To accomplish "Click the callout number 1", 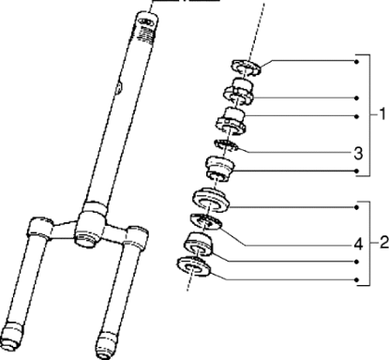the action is (382, 114).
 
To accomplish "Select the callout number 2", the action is (384, 243).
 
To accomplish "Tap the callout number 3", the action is (358, 154).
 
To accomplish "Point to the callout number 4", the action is (359, 244).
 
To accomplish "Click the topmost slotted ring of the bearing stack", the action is (246, 67).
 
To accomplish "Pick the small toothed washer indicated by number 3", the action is (226, 145).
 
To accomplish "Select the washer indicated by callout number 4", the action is (206, 221).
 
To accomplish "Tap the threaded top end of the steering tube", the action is (145, 27).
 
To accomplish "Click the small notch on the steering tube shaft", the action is (119, 87).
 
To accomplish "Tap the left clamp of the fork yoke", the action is (39, 229).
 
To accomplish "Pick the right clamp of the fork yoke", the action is (135, 235).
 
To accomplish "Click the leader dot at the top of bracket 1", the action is (357, 62).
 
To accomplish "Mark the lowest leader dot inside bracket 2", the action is (357, 280).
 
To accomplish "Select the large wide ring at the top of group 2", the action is (211, 201).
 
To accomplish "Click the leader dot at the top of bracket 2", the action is (357, 207).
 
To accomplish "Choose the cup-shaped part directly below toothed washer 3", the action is (219, 168).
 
